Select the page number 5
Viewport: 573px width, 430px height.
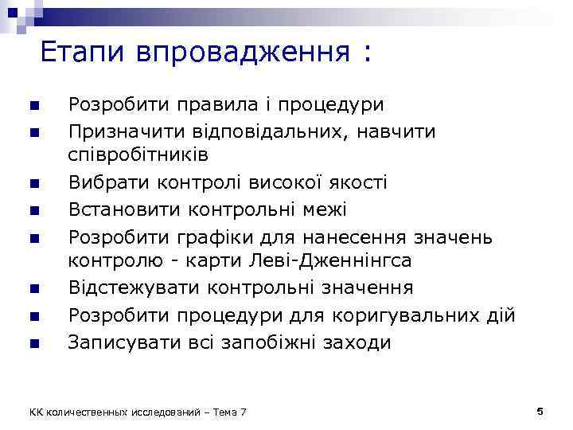[x=540, y=410]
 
